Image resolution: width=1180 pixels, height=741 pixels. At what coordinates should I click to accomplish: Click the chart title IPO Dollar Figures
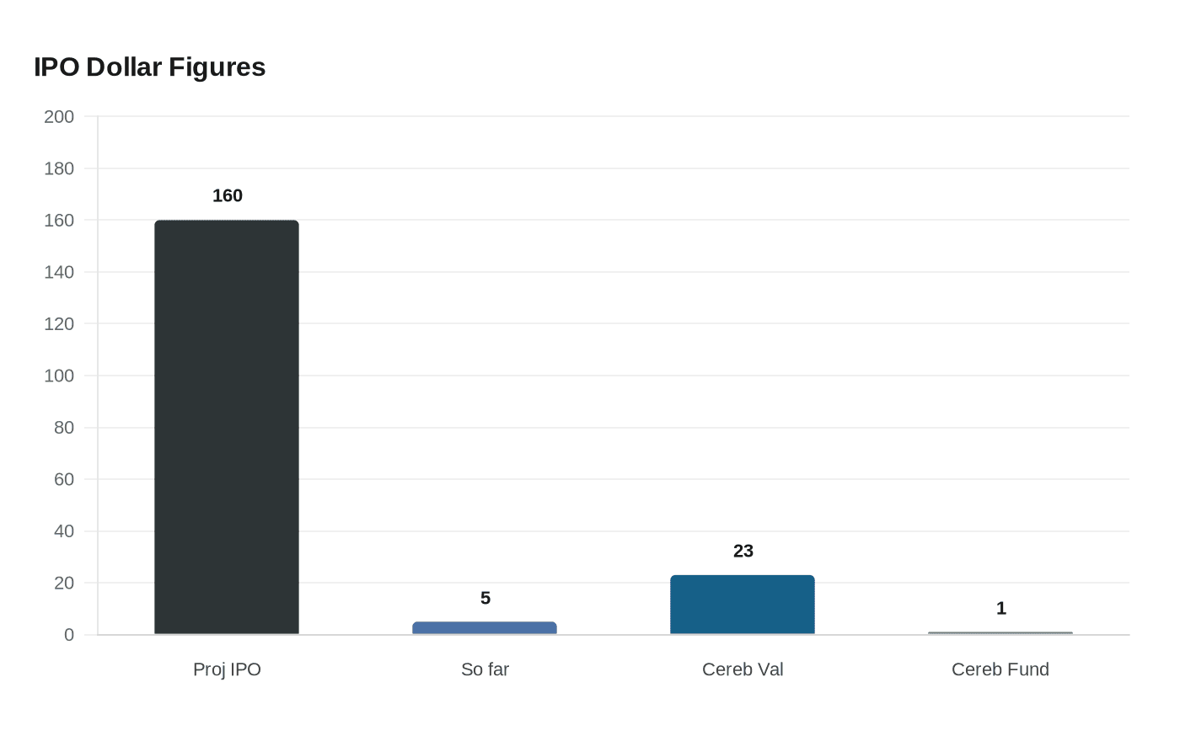[150, 67]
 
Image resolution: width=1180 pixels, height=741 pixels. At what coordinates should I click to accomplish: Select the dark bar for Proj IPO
[227, 428]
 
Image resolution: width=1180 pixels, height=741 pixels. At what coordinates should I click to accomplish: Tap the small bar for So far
[485, 628]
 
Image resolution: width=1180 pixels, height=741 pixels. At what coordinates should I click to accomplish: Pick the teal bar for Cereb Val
[743, 605]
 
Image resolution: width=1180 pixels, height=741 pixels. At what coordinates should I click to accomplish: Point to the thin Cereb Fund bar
[1000, 633]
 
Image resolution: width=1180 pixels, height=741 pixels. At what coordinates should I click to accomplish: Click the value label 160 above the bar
[228, 196]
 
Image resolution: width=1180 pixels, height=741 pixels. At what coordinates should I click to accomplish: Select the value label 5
[485, 599]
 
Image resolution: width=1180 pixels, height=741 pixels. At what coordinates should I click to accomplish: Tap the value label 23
[743, 552]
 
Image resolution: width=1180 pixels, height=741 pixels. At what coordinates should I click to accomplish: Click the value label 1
[1001, 609]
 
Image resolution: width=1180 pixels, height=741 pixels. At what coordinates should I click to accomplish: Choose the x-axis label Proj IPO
[227, 669]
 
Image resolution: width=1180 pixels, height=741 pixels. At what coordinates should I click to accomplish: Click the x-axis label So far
[485, 669]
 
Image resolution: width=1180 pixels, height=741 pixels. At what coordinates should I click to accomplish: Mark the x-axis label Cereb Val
[743, 669]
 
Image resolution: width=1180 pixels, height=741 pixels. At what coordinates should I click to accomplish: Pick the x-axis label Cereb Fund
[1000, 669]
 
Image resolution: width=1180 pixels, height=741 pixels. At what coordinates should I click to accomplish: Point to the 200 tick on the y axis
[59, 117]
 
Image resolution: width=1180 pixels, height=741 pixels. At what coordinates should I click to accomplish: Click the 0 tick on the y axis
[69, 635]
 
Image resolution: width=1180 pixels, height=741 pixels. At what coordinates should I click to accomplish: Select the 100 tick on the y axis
[59, 376]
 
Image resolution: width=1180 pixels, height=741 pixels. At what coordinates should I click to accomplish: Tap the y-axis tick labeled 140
[59, 272]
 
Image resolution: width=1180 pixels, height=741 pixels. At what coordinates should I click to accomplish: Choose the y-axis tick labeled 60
[64, 479]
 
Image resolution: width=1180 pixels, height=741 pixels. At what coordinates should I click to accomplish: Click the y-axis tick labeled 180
[59, 168]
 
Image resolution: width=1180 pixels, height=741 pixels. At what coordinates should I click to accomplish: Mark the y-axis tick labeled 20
[64, 583]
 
